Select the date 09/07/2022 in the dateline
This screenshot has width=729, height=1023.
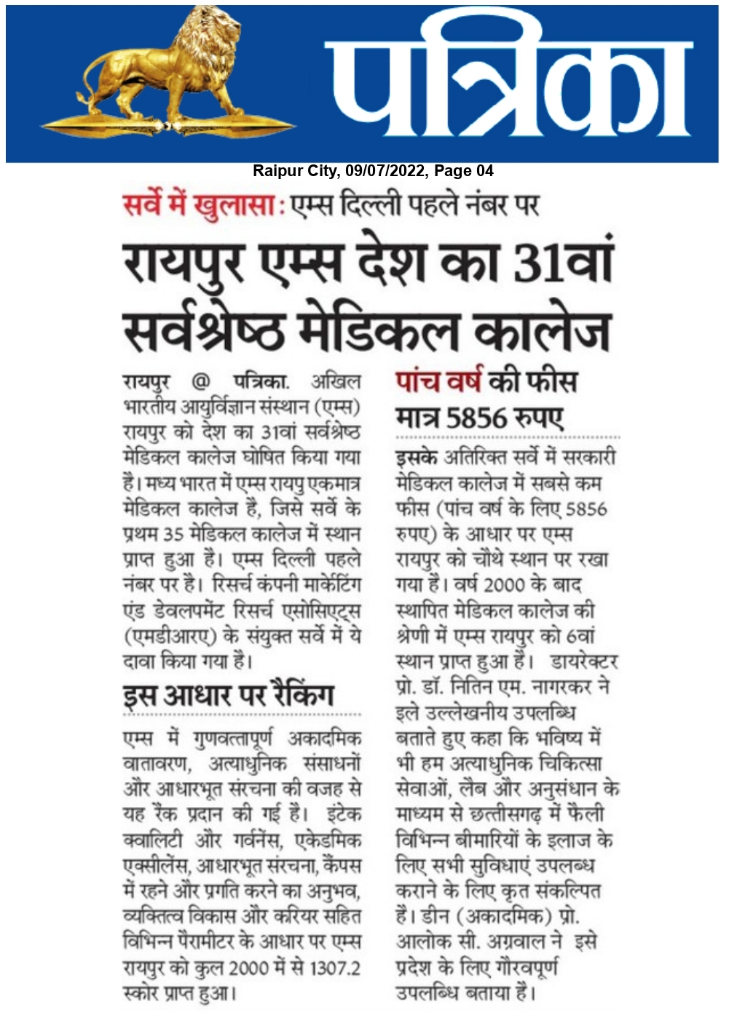tap(385, 171)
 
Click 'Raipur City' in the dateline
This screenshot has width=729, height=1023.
tap(296, 171)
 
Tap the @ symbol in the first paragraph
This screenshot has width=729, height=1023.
tap(200, 381)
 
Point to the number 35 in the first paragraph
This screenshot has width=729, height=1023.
tap(173, 534)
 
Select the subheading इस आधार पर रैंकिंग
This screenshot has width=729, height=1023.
tap(228, 695)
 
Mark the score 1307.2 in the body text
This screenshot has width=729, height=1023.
tap(334, 968)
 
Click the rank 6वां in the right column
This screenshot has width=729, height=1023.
tap(580, 636)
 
